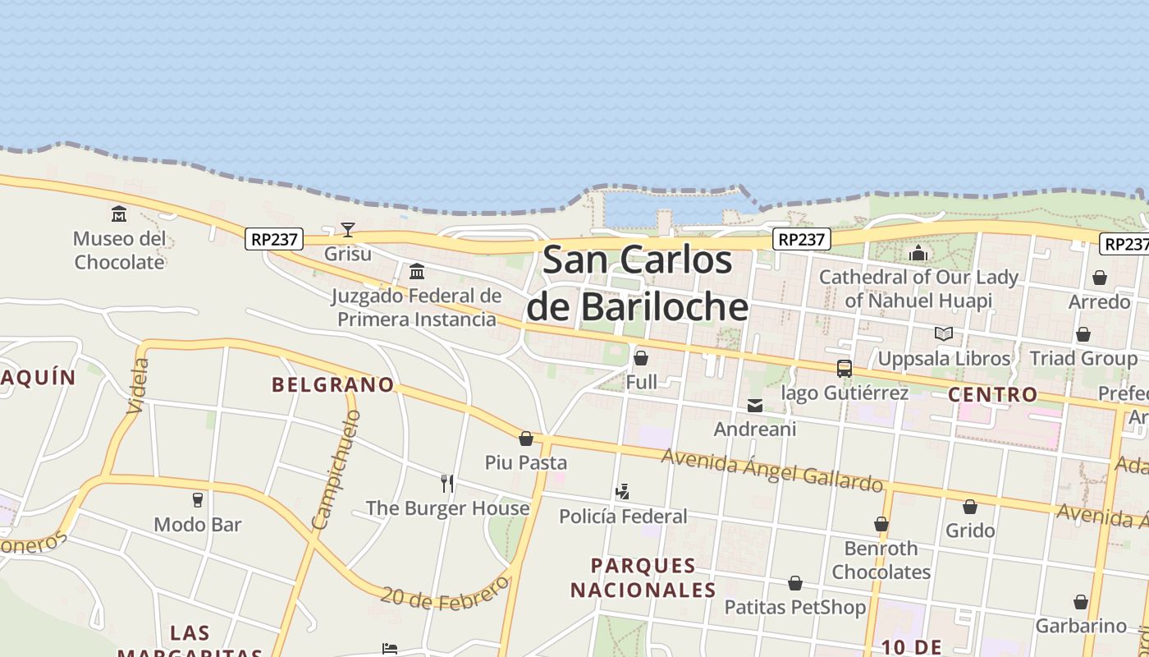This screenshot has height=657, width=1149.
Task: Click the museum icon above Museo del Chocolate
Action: [119, 214]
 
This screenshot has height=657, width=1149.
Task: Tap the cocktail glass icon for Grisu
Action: [348, 230]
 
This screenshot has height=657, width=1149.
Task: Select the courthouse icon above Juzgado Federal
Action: [417, 271]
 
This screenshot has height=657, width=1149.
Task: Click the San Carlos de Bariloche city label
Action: [637, 283]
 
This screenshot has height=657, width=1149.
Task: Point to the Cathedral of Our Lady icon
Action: [918, 253]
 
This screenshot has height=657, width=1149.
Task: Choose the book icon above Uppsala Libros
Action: [944, 334]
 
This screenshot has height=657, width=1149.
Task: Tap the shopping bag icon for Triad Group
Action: [1083, 334]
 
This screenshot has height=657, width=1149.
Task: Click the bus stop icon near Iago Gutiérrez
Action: [845, 369]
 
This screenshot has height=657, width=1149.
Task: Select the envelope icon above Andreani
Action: [755, 405]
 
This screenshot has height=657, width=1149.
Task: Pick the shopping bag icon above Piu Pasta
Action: [526, 439]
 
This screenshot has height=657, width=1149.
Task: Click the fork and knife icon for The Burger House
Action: [447, 484]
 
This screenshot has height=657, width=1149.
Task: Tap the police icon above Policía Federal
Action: [623, 492]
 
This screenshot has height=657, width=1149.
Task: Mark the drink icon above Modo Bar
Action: [198, 499]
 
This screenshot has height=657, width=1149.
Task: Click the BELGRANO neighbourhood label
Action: [333, 384]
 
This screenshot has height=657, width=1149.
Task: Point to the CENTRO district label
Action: [993, 394]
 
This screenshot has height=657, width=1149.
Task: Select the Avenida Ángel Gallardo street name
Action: [771, 470]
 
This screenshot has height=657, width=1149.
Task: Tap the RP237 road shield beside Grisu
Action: [274, 239]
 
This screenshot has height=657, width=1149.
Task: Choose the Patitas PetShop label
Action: [794, 608]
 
